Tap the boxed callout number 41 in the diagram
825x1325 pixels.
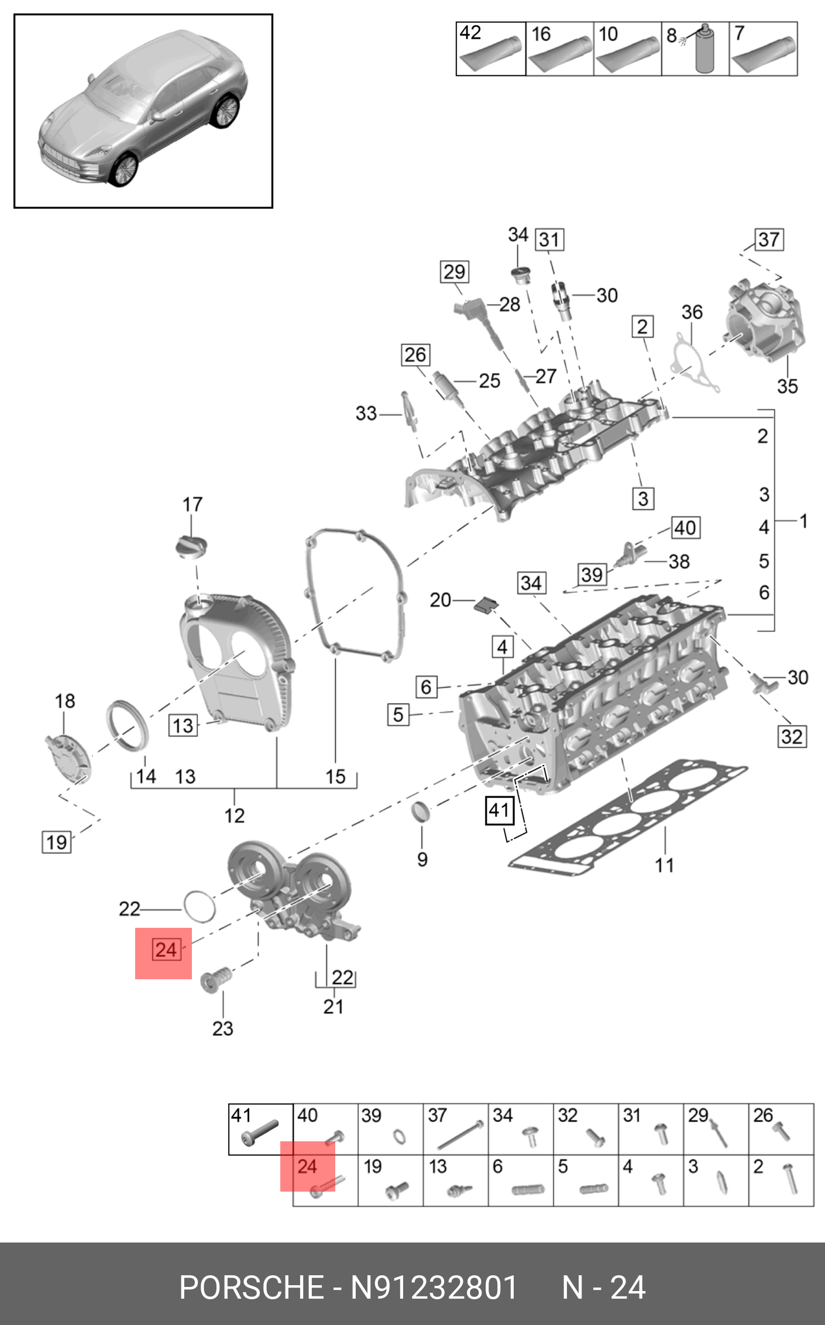pyautogui.click(x=500, y=810)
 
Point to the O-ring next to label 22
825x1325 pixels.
pyautogui.click(x=200, y=906)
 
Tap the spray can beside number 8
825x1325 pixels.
pyautogui.click(x=704, y=50)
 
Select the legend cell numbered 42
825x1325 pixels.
pyautogui.click(x=490, y=49)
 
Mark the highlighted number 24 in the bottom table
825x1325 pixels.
pyautogui.click(x=307, y=1166)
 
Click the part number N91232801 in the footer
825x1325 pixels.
pyautogui.click(x=434, y=1288)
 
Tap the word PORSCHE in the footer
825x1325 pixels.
pyautogui.click(x=252, y=1288)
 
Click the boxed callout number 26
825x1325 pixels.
pyautogui.click(x=415, y=355)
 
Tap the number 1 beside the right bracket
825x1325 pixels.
pyautogui.click(x=804, y=520)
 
